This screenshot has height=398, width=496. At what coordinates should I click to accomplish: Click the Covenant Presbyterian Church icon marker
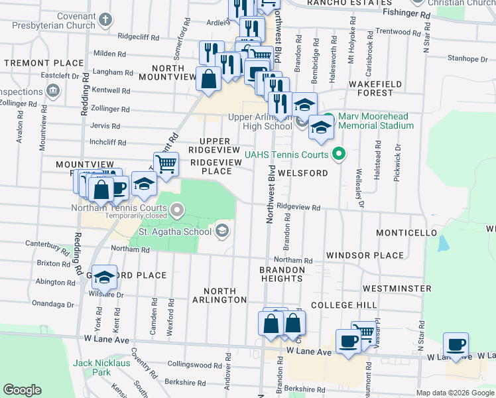(x=105, y=19)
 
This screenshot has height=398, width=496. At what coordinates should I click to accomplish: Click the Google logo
(x=23, y=390)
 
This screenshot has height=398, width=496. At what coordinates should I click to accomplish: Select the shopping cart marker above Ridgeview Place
(x=166, y=163)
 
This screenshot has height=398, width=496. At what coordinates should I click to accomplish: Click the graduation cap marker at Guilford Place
(x=104, y=276)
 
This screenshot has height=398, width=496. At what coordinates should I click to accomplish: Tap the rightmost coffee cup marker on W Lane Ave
(x=456, y=344)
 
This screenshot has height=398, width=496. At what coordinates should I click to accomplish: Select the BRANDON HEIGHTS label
(x=282, y=275)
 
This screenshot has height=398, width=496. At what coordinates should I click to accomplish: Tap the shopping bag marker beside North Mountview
(x=209, y=78)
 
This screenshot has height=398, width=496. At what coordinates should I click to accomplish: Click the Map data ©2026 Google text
(x=454, y=392)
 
